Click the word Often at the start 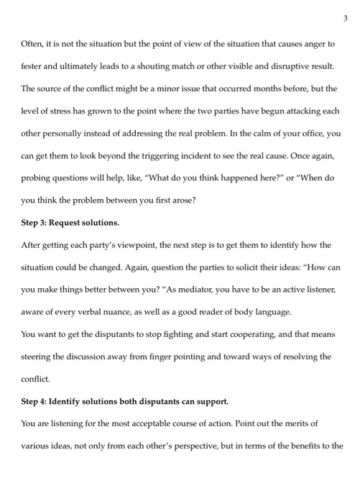click(33, 45)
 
